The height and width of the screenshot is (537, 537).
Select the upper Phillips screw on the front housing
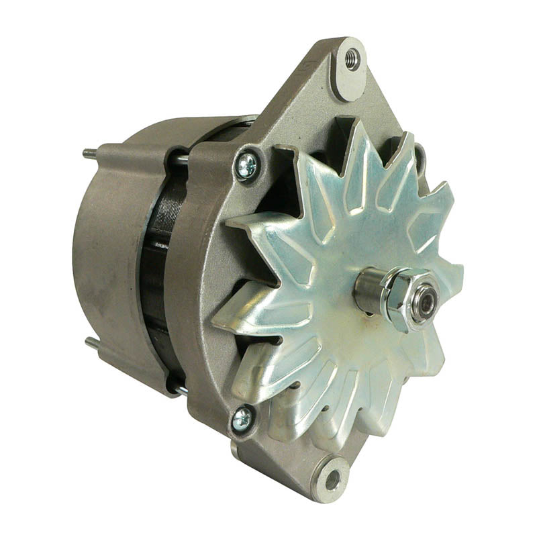[246, 165]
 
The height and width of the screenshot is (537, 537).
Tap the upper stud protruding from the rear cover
[89, 154]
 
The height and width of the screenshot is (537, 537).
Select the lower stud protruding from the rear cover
[91, 343]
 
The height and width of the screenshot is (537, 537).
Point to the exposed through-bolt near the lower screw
[180, 389]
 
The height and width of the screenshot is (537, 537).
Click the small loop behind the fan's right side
[421, 158]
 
